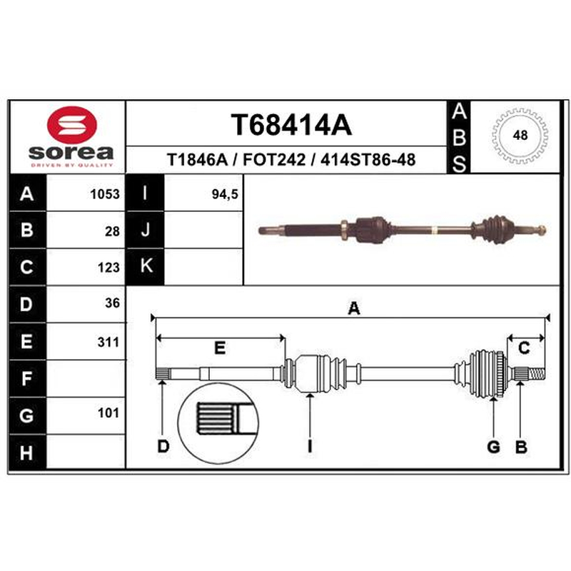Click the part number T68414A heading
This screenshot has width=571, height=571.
[x=291, y=125]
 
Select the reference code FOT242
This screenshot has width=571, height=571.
[x=274, y=159]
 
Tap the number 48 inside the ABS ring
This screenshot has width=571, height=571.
[x=520, y=135]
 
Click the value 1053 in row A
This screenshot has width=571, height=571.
[x=105, y=194]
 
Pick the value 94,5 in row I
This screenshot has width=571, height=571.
[x=225, y=194]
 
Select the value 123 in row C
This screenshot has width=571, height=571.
[x=108, y=268]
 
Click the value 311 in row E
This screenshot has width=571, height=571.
[x=108, y=342]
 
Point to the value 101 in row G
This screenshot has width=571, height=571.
[x=108, y=413]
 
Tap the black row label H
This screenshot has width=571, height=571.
[x=27, y=453]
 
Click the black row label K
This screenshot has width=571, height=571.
[x=146, y=266]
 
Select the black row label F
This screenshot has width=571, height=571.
[x=27, y=379]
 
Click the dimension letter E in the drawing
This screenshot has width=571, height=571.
[x=220, y=348]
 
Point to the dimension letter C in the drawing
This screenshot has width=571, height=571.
[x=524, y=348]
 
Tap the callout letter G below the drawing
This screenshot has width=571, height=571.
[x=493, y=447]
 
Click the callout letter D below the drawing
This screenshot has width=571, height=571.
[x=163, y=447]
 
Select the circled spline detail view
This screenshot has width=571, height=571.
[x=218, y=423]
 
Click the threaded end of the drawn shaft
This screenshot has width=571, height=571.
[x=537, y=374]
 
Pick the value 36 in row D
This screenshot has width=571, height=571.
[x=112, y=303]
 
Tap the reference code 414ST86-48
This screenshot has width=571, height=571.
[x=368, y=159]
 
